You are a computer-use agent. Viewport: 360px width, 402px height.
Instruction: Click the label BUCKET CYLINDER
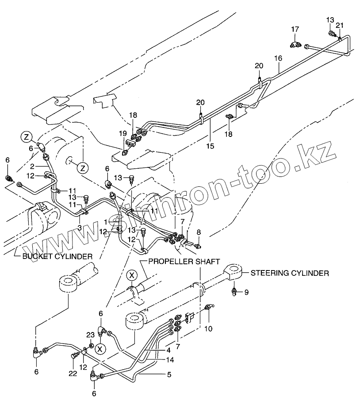[x=57, y=256]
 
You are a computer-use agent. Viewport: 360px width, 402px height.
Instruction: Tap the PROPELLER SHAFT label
[x=184, y=262]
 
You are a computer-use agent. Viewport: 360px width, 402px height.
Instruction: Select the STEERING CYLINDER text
[x=290, y=273]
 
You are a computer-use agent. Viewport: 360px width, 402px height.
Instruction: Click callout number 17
[x=295, y=29]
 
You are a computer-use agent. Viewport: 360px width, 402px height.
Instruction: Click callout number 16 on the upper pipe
[x=278, y=58]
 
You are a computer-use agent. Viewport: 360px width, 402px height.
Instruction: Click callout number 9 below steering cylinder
[x=247, y=292]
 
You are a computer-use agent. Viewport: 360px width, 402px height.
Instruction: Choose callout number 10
[x=208, y=329]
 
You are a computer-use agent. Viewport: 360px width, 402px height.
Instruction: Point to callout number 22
[x=73, y=373]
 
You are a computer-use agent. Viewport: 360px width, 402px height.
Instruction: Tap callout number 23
[x=90, y=335]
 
